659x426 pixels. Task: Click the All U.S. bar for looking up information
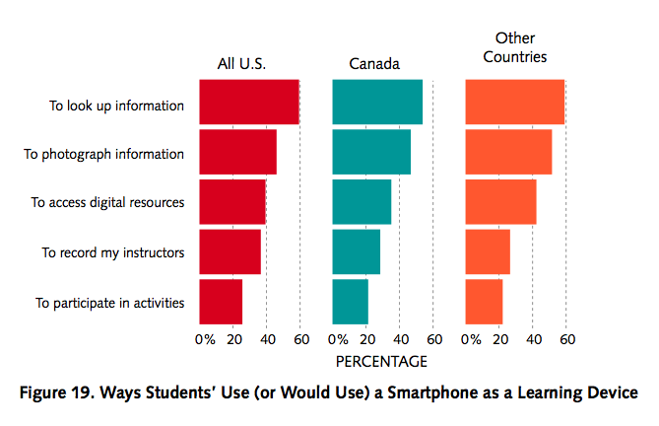pos(248,103)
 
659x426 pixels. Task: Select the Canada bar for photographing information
pos(371,152)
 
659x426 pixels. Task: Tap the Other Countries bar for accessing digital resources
pos(500,202)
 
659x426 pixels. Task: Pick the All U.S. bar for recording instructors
pos(230,251)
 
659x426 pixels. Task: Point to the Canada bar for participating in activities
pos(350,302)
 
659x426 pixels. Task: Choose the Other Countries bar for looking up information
pos(514,103)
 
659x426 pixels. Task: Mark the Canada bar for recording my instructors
pos(356,251)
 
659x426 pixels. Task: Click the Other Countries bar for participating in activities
pos(484,302)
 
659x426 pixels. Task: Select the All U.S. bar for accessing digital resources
pos(231,202)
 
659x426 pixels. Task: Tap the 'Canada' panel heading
pos(374,65)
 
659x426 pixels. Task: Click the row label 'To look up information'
pos(116,104)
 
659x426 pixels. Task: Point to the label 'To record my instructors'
pos(112,252)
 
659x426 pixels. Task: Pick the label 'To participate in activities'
pos(109,303)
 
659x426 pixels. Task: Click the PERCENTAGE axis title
pos(381,361)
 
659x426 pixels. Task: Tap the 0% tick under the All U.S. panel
pos(205,339)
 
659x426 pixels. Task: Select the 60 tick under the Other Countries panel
pos(566,339)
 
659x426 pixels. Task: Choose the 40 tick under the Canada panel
pos(400,339)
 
